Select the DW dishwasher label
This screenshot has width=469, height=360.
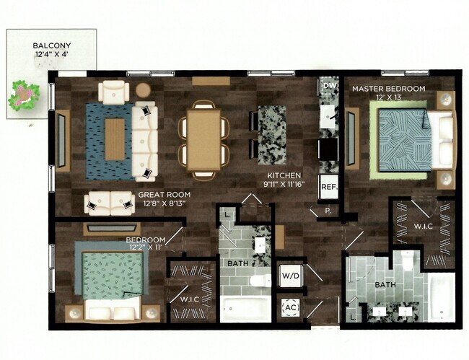[x=329, y=87]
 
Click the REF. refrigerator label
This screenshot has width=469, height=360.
[x=329, y=186]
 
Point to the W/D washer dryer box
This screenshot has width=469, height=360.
[x=290, y=275]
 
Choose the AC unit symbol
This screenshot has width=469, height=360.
[x=291, y=307]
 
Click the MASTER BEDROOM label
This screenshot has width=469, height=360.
[x=388, y=89]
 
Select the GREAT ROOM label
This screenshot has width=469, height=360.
[x=165, y=194]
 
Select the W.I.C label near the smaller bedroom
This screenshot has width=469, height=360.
[x=190, y=299]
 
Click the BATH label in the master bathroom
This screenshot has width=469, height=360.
[x=385, y=286]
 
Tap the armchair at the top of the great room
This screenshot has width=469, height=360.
[x=114, y=92]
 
